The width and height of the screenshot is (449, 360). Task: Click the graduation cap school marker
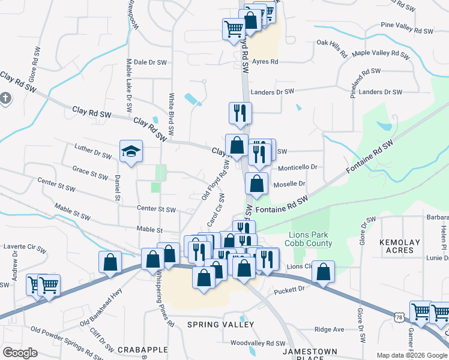(130, 152)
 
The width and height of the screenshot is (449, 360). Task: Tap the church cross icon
(5, 98)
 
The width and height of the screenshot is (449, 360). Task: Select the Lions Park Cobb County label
(310, 239)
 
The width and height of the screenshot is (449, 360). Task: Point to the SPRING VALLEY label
(220, 325)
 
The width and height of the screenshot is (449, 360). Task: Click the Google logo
(20, 353)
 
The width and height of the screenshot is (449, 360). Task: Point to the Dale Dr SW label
(148, 62)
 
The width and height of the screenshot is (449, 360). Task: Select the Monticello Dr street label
(297, 167)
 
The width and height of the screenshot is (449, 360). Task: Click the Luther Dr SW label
(93, 151)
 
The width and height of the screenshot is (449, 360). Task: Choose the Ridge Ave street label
(330, 329)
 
